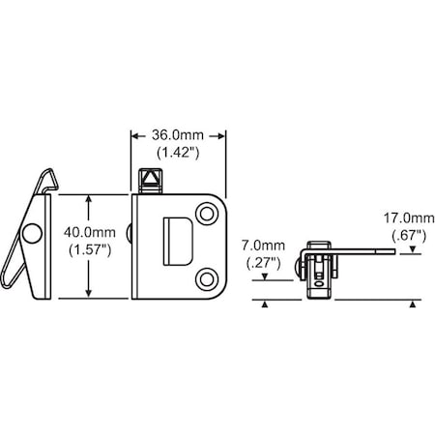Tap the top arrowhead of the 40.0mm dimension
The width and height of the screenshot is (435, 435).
click(x=89, y=200)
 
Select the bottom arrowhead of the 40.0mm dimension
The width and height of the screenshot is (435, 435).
click(x=89, y=293)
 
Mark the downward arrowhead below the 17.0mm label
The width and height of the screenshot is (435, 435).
click(x=413, y=250)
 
